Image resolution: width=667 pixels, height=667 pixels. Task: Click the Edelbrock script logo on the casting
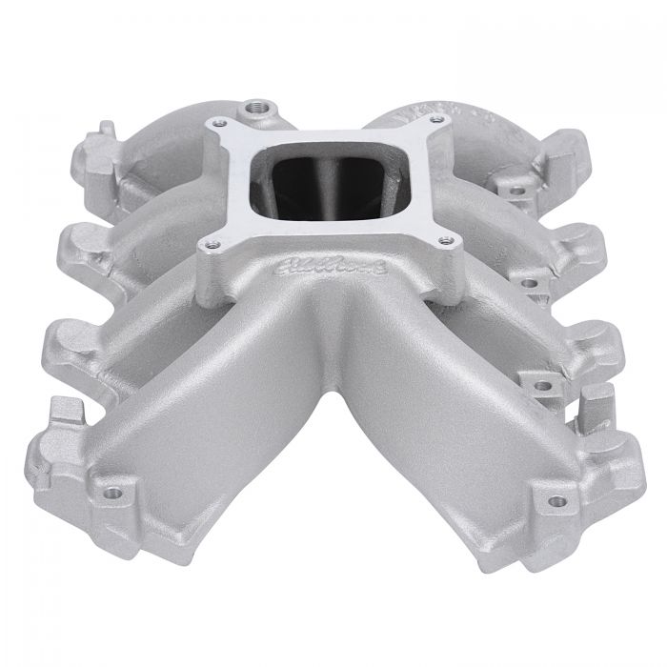coord(313,271)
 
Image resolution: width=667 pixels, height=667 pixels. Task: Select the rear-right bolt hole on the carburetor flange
coord(437,119)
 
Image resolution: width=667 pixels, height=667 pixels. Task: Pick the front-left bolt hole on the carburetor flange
coord(205,246)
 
